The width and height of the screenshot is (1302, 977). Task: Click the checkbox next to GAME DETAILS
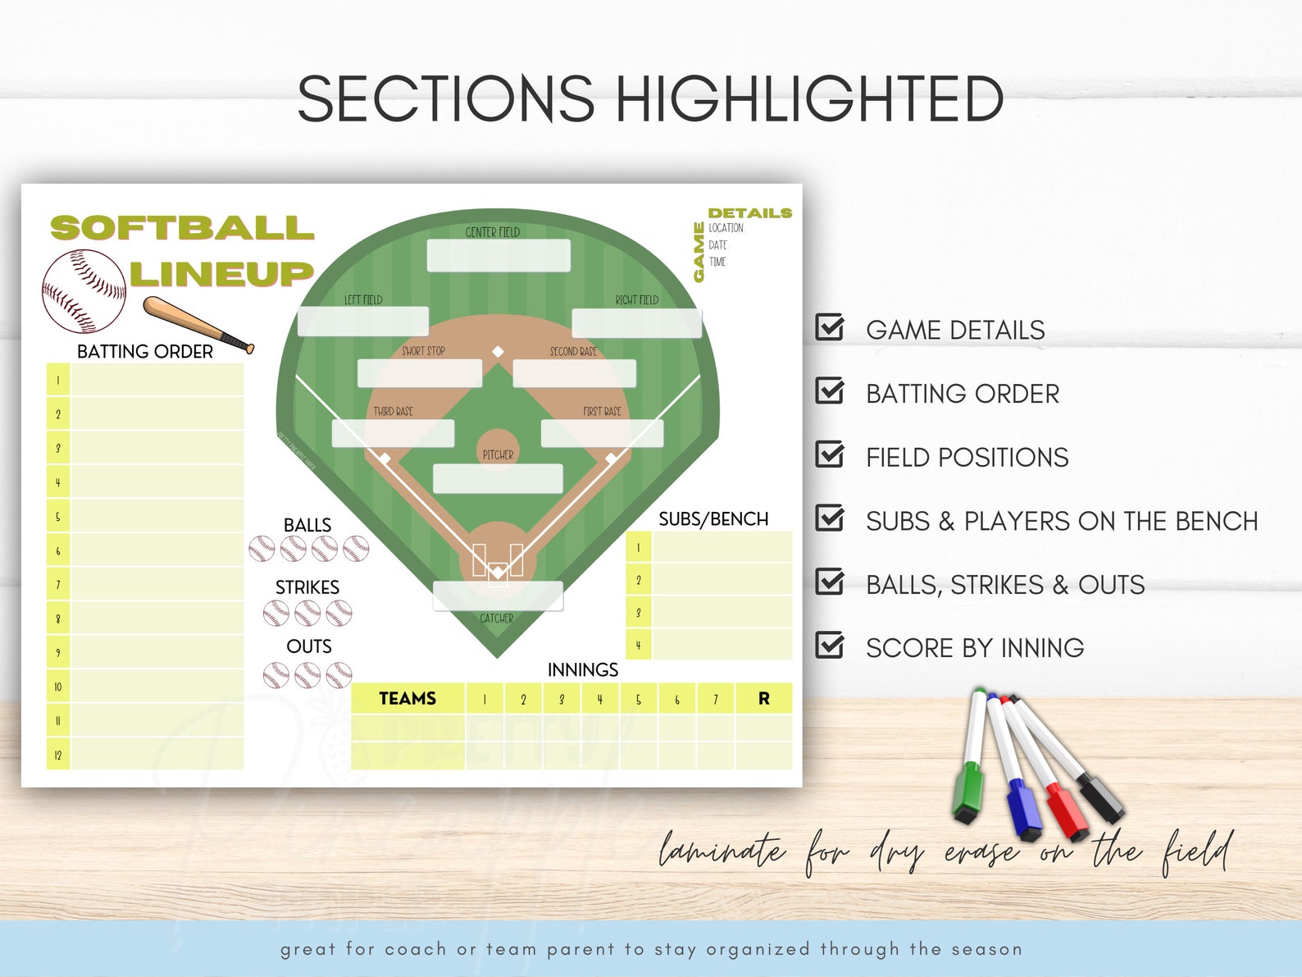pos(830,327)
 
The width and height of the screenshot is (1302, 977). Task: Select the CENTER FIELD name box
pos(498,256)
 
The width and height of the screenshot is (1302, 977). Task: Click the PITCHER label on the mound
pos(498,454)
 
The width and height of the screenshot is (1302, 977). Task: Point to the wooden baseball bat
pos(198,325)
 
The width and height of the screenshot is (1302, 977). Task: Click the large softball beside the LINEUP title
pos(84,291)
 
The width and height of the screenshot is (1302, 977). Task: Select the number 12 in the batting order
pos(58,755)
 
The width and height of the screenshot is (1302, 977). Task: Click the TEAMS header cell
pos(407,699)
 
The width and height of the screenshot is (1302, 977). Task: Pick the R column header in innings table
pos(763,699)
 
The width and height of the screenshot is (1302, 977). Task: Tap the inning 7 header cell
pos(715,699)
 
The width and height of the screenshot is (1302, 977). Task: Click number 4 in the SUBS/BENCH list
pos(639,646)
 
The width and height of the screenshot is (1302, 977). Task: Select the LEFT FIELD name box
pos(362,322)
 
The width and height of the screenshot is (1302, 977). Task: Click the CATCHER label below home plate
pos(497,619)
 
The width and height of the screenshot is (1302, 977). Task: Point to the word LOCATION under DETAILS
pos(726,228)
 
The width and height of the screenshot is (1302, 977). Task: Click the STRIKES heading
pos(307,587)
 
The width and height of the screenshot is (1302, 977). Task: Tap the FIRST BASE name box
pos(602,433)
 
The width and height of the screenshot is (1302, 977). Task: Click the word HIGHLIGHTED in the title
pos(809,99)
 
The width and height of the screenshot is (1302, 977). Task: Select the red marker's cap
pos(1065,813)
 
